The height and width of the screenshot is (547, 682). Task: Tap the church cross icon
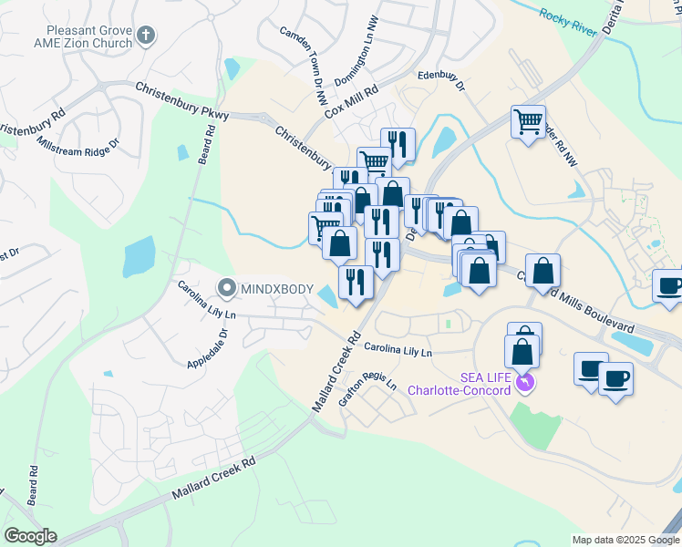tap(146, 36)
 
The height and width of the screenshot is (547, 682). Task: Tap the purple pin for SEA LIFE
tap(523, 381)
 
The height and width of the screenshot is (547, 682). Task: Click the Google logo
tap(30, 536)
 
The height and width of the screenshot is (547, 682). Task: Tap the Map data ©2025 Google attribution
tap(625, 540)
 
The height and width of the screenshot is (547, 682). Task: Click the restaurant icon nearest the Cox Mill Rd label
tap(398, 143)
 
